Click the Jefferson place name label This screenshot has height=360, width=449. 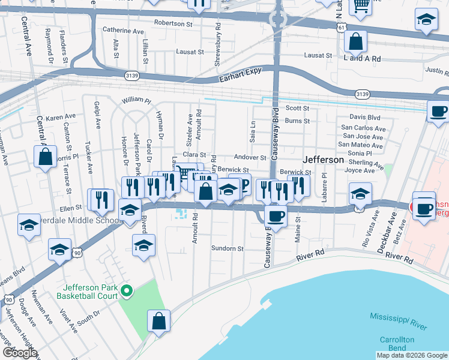(x=324, y=160)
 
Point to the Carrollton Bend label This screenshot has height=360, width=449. (x=397, y=344)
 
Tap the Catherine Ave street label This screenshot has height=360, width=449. (x=123, y=29)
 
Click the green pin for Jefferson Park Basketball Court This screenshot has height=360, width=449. (x=126, y=292)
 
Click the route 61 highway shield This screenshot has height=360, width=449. (x=342, y=28)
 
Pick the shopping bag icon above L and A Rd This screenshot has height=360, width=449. (x=356, y=42)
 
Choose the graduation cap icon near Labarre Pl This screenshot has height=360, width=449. (x=360, y=194)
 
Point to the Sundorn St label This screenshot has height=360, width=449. (x=228, y=248)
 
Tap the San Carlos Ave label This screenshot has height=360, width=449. (x=363, y=128)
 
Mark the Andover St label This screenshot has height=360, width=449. (x=250, y=157)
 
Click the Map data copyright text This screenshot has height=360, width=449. (x=411, y=355)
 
